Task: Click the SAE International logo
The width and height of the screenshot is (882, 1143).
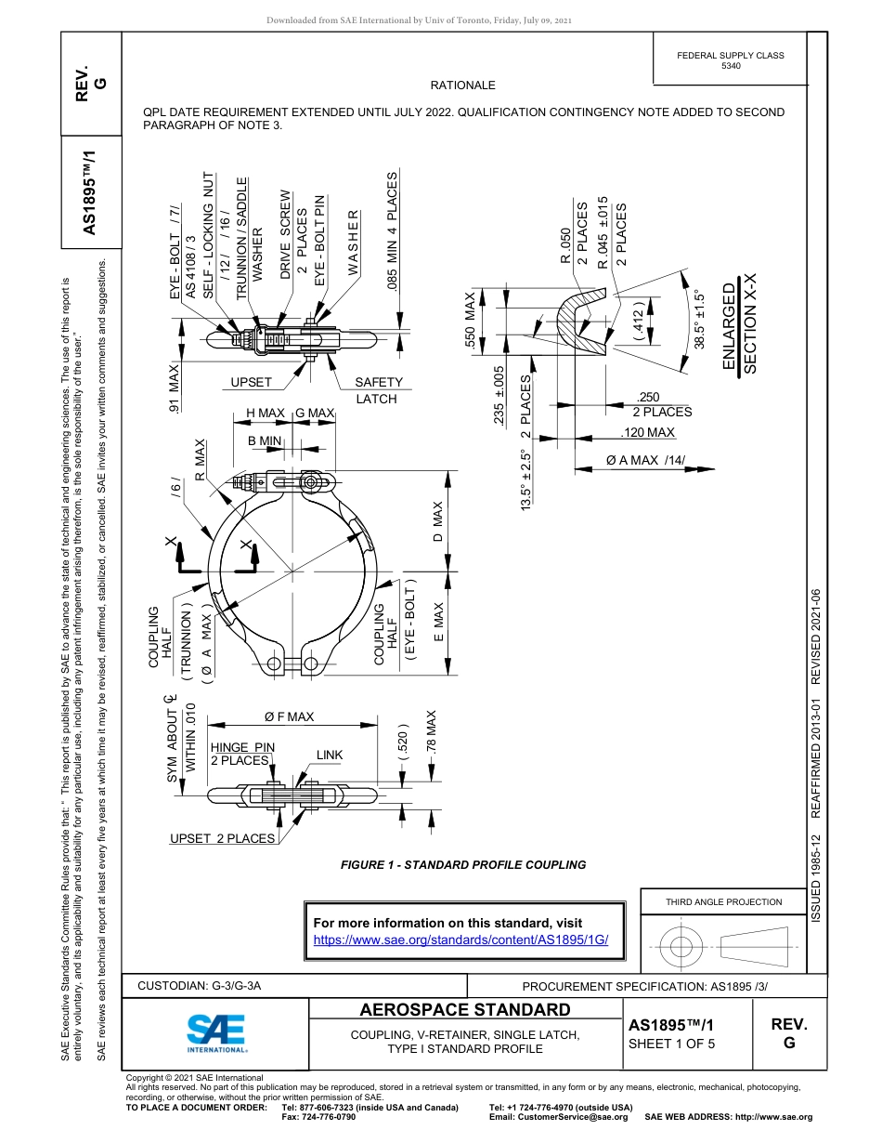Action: (x=216, y=1031)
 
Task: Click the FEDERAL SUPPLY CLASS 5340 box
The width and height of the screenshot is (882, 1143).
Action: (x=730, y=60)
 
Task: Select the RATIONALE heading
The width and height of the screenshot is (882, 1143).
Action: (x=462, y=85)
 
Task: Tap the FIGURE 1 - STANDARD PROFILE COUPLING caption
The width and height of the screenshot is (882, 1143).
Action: (x=463, y=864)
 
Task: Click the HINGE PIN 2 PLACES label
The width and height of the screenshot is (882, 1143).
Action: (x=242, y=754)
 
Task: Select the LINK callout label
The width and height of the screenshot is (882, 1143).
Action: (x=330, y=755)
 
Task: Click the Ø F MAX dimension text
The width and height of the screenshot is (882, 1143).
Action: (x=289, y=716)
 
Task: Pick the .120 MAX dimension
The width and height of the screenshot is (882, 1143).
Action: (x=647, y=432)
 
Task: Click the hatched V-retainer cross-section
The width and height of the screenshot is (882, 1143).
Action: (x=579, y=316)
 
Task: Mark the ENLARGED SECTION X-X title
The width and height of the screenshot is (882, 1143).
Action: (x=741, y=323)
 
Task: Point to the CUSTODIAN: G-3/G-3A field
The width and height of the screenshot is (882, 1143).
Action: (x=200, y=985)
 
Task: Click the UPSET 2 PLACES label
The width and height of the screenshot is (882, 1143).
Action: (x=222, y=838)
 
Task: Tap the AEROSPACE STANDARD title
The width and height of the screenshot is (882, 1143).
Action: (x=464, y=1010)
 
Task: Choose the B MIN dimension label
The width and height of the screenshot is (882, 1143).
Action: (x=265, y=440)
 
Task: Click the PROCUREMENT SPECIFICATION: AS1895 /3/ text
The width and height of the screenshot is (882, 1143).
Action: (x=644, y=986)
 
